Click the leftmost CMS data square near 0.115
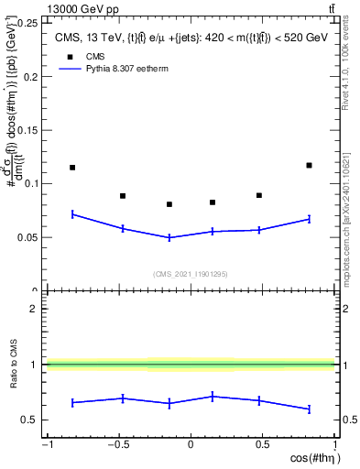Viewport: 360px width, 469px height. point(72,168)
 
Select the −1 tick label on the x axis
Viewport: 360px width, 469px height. point(47,445)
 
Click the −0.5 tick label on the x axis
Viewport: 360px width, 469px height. point(117,445)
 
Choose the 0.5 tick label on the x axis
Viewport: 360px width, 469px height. point(262,445)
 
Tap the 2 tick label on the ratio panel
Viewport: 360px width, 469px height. point(36,309)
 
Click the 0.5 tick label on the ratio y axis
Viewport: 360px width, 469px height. point(32,420)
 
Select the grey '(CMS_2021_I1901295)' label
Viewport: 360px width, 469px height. point(190,274)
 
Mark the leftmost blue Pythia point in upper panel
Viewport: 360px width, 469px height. point(72,214)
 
